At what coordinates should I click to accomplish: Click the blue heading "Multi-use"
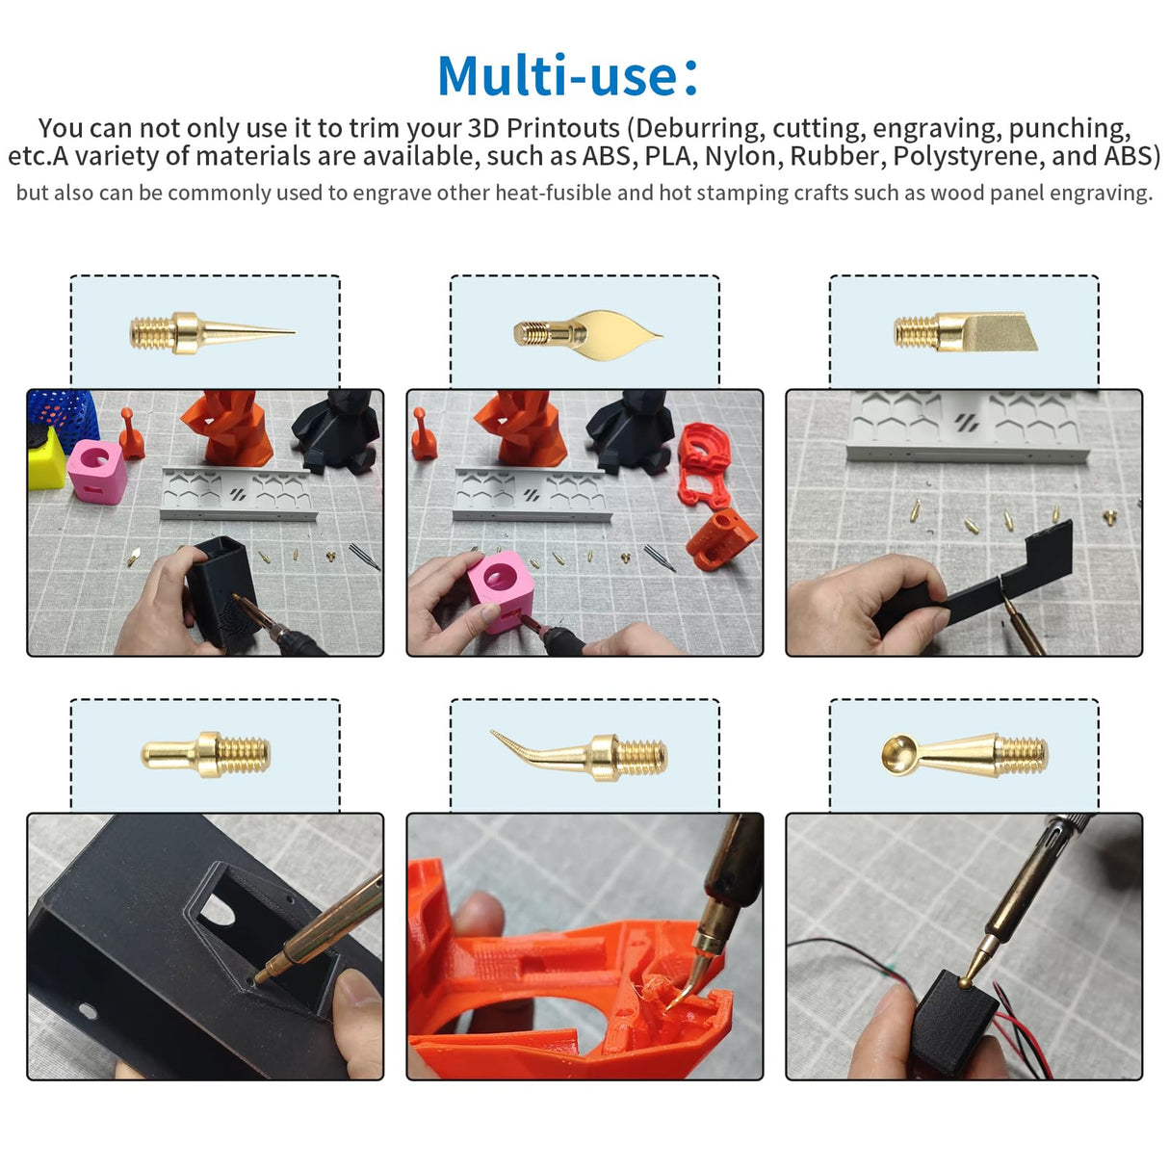(x=559, y=76)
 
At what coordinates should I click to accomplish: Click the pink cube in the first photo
(x=96, y=472)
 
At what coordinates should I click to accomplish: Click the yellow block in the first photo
(x=44, y=460)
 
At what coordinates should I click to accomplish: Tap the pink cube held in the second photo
(x=499, y=588)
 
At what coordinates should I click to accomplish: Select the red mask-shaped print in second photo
(x=712, y=465)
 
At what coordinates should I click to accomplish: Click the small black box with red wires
(x=953, y=1026)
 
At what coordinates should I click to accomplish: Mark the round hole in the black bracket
(x=88, y=1012)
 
